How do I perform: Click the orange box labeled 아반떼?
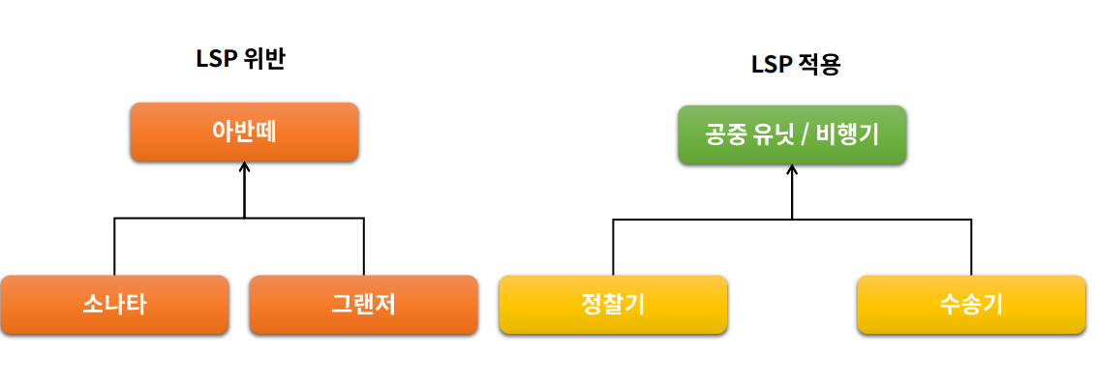[244, 132]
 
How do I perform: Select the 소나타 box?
[114, 305]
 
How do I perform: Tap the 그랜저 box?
[363, 305]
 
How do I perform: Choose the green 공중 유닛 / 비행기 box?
[792, 134]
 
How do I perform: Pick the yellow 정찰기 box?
[613, 305]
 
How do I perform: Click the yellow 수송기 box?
[970, 305]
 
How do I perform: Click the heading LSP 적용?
[796, 65]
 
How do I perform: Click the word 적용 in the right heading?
[819, 65]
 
